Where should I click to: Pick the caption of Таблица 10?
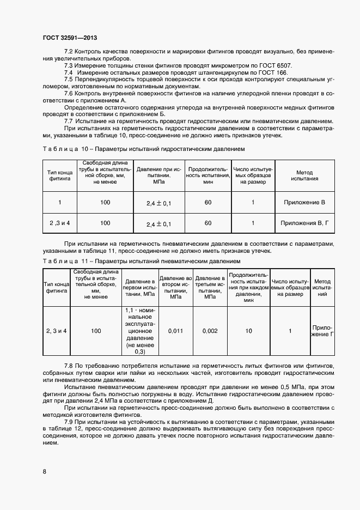[144, 149]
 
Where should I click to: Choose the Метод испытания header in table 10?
[304, 175]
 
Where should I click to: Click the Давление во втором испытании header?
[176, 287]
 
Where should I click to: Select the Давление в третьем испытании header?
[210, 287]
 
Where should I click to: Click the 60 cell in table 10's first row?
[208, 203]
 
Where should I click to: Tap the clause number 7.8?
[69, 364]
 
